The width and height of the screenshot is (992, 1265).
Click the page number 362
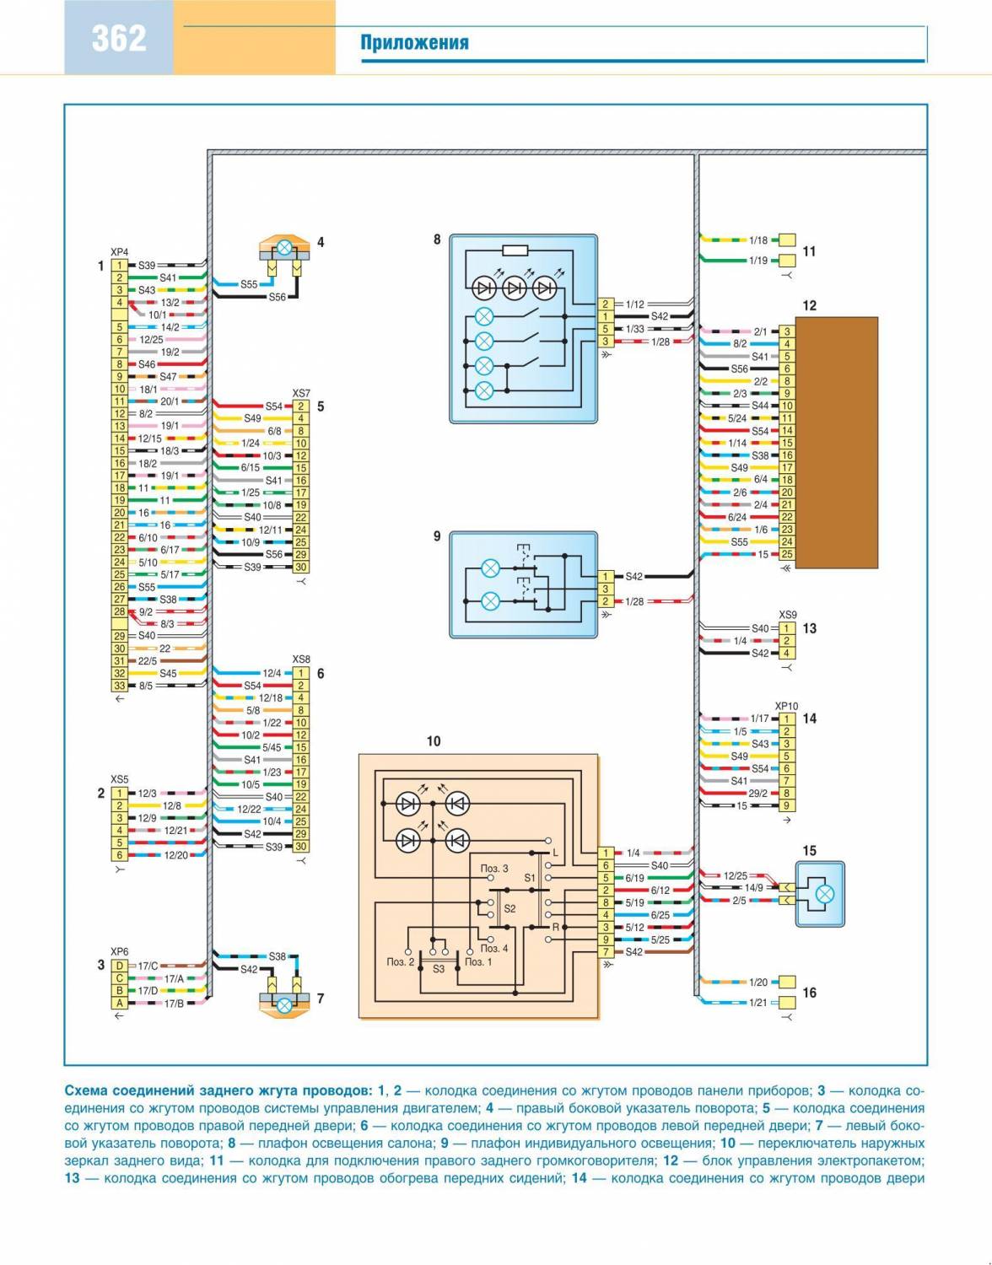click(119, 38)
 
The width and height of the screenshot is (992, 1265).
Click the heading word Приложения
click(414, 43)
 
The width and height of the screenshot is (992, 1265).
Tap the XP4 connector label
click(120, 252)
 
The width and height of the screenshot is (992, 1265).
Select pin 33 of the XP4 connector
click(120, 686)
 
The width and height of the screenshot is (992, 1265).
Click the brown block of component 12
click(836, 443)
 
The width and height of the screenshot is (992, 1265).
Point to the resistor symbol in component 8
click(515, 250)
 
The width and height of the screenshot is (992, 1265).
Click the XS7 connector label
click(301, 394)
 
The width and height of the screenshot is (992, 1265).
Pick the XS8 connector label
click(301, 659)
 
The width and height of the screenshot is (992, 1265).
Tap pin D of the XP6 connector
click(120, 966)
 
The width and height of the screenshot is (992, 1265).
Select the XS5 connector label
click(120, 780)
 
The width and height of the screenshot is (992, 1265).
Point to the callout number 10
click(434, 741)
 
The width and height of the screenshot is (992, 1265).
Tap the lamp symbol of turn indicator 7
click(285, 1004)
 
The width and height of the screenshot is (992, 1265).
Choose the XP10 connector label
click(786, 707)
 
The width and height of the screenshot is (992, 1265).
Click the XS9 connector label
click(787, 616)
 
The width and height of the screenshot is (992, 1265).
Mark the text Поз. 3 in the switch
click(494, 868)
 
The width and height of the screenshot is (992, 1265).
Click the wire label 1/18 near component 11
click(758, 240)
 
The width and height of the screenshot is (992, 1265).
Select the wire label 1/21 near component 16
click(758, 1003)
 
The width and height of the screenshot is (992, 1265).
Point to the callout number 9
click(437, 536)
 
